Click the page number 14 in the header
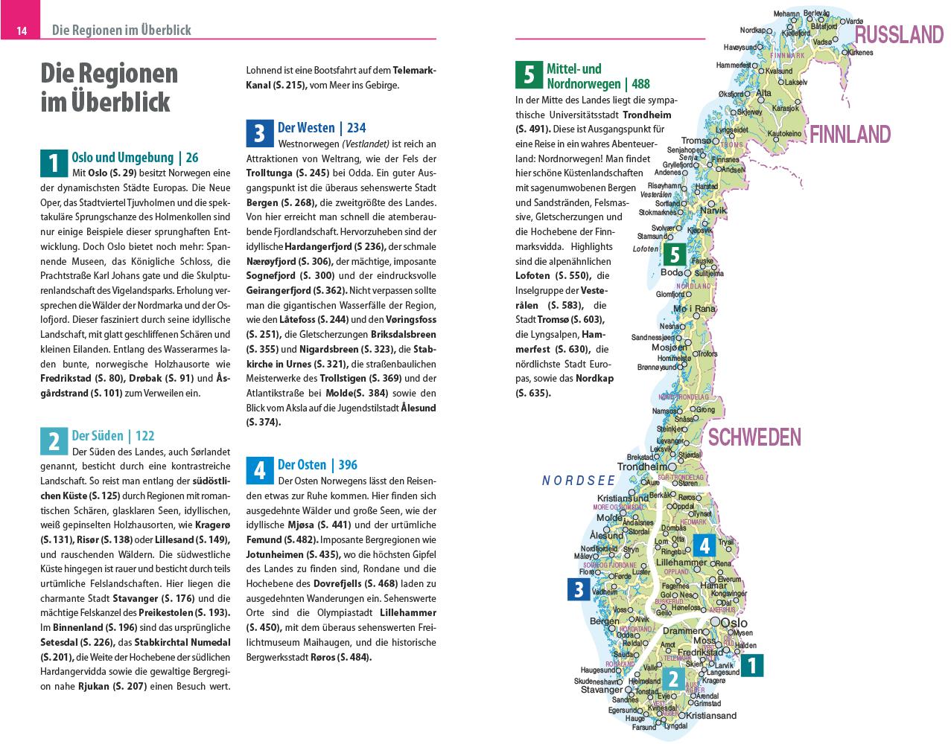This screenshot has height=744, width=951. (22, 31)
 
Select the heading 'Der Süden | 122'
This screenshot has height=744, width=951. (112, 436)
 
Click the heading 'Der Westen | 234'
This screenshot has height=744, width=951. (321, 128)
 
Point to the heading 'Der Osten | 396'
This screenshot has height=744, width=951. (317, 465)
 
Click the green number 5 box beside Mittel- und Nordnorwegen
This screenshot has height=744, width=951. (529, 74)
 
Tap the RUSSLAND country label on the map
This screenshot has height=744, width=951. (899, 35)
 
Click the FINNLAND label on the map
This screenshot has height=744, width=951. (850, 135)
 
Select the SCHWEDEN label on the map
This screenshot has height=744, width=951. (754, 437)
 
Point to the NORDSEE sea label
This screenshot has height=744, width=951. (579, 481)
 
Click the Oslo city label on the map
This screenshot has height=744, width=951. (734, 623)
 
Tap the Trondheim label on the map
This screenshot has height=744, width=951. (643, 466)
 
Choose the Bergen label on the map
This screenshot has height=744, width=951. (604, 621)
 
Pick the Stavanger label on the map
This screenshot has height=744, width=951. (601, 690)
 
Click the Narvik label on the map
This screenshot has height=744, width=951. (712, 211)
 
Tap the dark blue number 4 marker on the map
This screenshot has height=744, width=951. (704, 546)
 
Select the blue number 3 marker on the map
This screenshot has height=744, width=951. (579, 590)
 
